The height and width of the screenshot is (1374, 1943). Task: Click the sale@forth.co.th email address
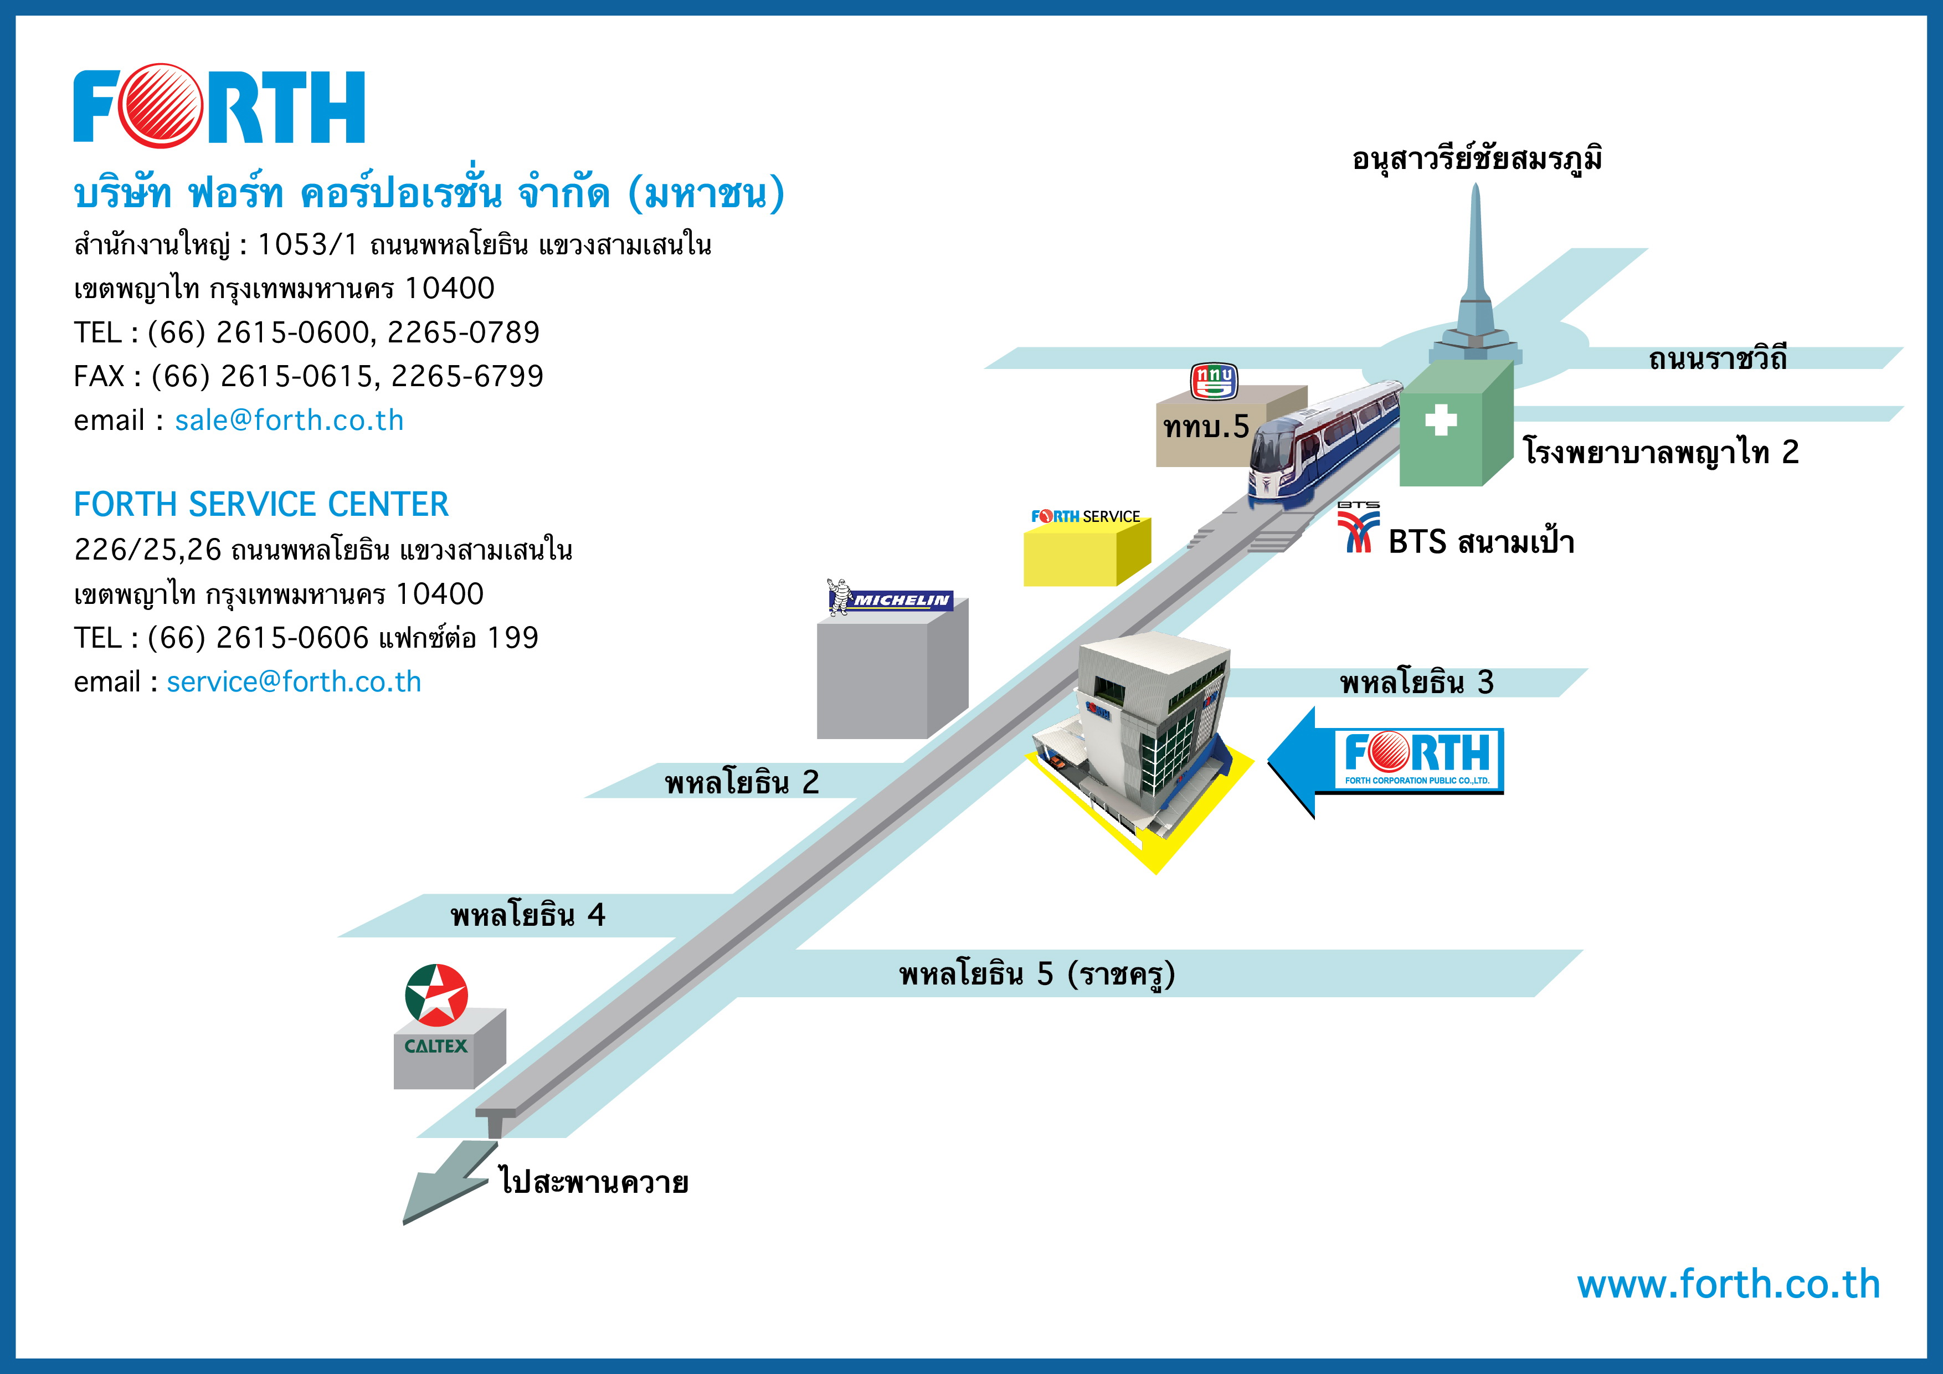coord(290,420)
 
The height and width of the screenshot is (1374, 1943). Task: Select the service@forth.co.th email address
coord(294,681)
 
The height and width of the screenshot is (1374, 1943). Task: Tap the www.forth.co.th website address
coord(1728,1284)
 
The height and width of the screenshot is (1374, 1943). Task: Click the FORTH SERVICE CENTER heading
coord(261,505)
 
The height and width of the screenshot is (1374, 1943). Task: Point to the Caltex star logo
coord(436,994)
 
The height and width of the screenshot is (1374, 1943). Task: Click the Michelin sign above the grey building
coord(890,598)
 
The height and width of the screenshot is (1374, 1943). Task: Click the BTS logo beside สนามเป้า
coord(1358,526)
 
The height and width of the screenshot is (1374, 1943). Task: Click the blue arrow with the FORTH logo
coord(1385,762)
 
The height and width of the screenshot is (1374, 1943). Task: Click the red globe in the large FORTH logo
coord(161,106)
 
